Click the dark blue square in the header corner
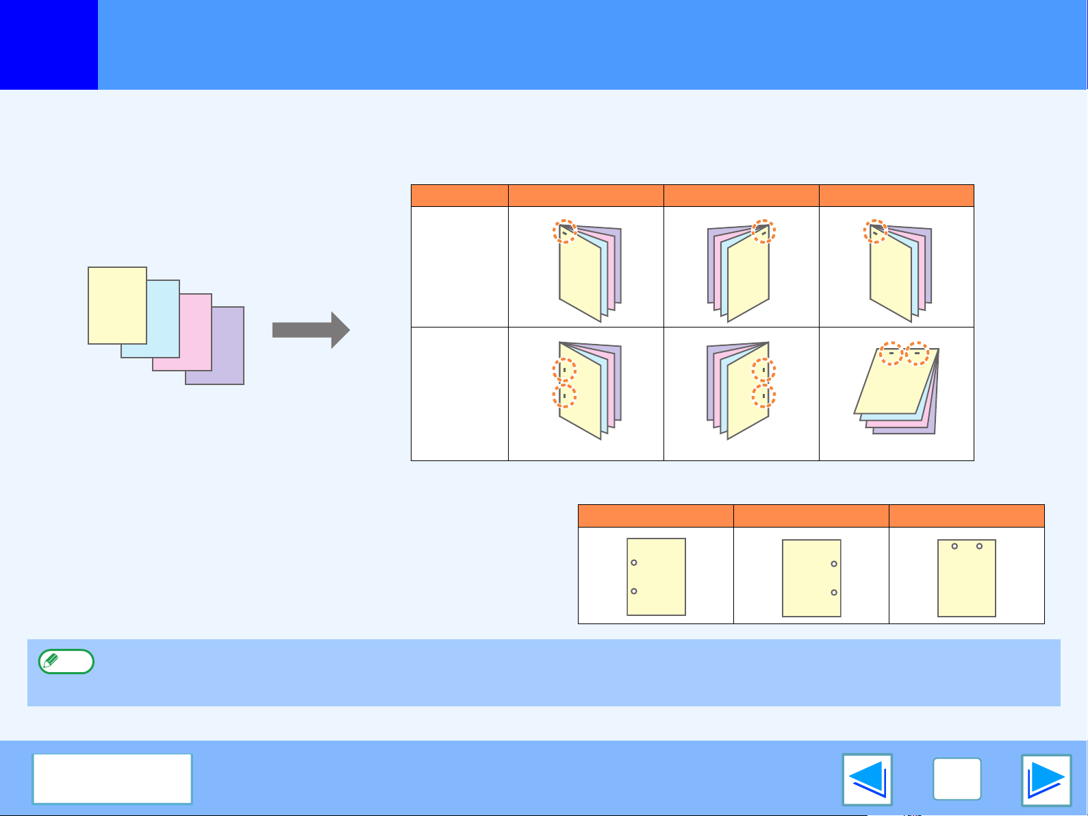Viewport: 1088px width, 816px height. tap(49, 45)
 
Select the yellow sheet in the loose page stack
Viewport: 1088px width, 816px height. tap(117, 305)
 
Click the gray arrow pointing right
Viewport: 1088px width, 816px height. tap(311, 330)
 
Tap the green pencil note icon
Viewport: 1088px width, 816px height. tap(66, 662)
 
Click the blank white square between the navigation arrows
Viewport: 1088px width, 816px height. tap(957, 779)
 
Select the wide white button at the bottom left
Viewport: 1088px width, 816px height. tap(112, 779)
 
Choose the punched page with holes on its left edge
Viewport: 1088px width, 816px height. tap(656, 577)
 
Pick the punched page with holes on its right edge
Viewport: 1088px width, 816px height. tap(811, 578)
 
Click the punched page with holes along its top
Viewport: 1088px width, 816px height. tap(966, 578)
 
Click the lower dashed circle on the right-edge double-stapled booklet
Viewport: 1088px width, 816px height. tap(763, 396)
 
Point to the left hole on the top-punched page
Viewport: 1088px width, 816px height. tap(954, 546)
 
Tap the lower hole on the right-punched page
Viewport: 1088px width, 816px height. tap(834, 593)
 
